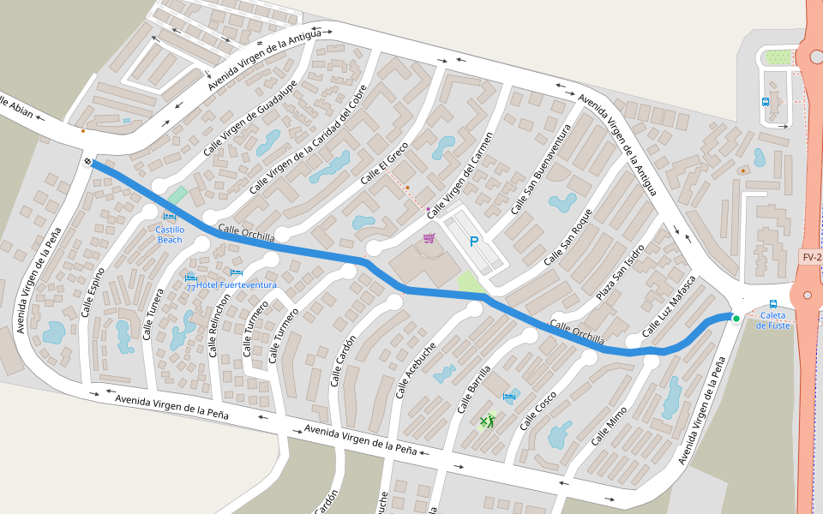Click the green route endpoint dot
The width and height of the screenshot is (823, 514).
coord(736,319)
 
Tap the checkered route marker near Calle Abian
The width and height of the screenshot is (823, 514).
coord(88,161)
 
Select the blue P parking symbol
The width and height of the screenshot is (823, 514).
coord(473,242)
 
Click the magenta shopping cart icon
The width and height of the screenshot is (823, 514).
coord(429,237)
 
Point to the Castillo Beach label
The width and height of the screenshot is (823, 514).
coord(170,234)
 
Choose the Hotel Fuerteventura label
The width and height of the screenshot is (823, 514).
coord(236,284)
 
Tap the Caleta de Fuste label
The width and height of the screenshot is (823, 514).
coord(772,320)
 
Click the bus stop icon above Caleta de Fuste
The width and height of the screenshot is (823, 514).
coord(773,303)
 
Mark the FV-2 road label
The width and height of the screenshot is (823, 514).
coord(811,257)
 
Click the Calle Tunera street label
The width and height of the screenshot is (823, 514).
coord(153,314)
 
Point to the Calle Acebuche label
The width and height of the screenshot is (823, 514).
coord(417,370)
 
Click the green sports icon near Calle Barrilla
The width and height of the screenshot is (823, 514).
coord(487,421)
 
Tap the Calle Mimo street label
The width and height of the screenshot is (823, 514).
coord(609,425)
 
